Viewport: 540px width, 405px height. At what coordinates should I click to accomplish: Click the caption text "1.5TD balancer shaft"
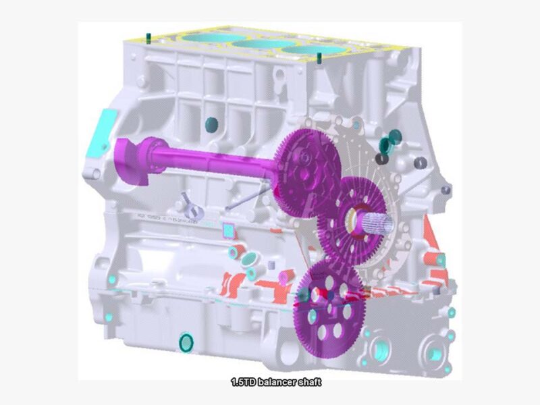coord(276,382)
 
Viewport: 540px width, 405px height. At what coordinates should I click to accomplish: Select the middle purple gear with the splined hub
coord(351,221)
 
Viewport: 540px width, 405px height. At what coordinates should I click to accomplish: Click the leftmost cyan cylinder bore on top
coord(213,38)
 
